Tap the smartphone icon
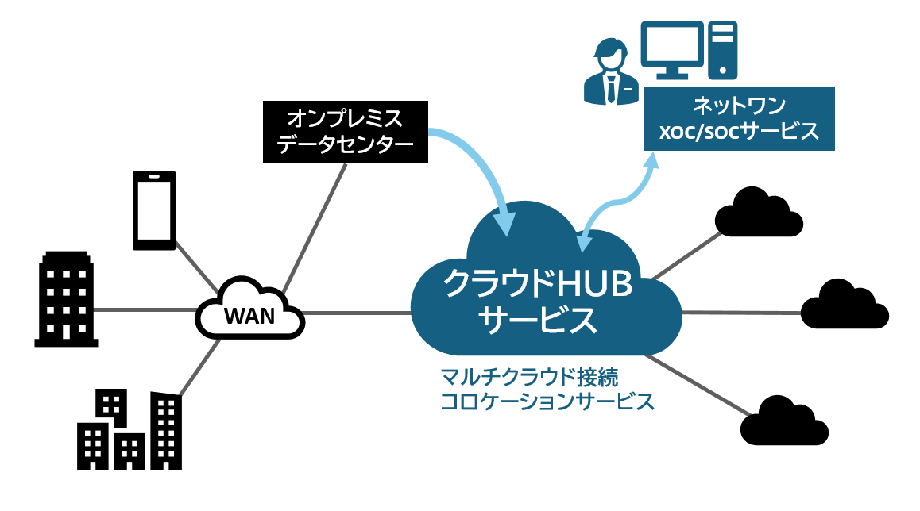point(153,209)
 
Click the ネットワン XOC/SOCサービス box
point(739,119)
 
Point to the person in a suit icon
point(607,73)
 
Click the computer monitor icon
point(671,48)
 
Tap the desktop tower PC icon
point(723,48)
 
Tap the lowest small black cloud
point(782,421)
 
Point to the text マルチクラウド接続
point(529,374)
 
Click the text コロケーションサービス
point(547,401)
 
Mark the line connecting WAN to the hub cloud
point(358,313)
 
